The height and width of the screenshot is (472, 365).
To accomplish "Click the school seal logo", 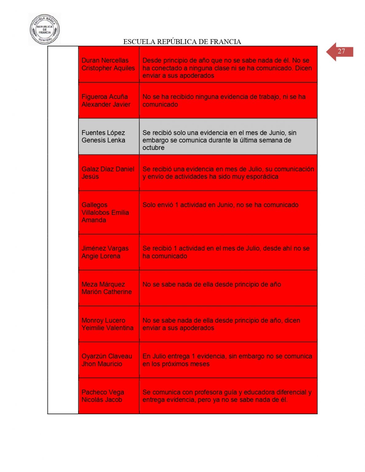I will click(x=45, y=29).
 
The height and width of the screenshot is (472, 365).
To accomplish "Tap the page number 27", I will click(x=341, y=51).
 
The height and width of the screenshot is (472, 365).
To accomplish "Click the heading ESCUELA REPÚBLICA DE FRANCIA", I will click(x=182, y=42).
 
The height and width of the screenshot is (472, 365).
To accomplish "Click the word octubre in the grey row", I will click(x=153, y=148).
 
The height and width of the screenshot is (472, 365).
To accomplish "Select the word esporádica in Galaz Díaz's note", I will click(x=263, y=177).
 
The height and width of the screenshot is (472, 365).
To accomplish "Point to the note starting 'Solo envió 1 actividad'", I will click(x=220, y=205).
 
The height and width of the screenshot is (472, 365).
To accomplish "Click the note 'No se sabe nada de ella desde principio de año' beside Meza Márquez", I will click(x=212, y=284).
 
